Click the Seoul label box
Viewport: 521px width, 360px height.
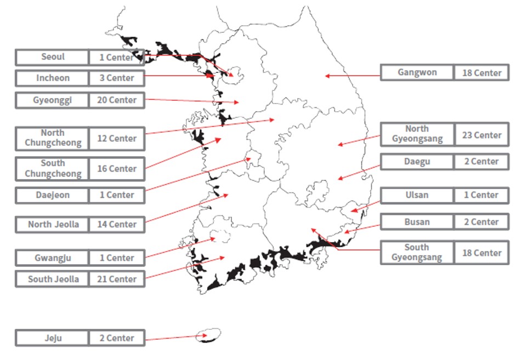tap(53, 57)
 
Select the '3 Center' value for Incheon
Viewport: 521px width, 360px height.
tap(116, 78)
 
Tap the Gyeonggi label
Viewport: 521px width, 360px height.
tap(53, 100)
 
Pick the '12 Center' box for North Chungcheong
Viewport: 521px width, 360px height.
tap(116, 138)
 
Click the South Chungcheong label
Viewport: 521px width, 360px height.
tap(53, 168)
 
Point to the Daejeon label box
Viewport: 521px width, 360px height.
tap(53, 195)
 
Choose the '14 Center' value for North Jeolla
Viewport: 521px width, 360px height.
tap(116, 224)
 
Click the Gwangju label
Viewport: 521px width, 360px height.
tap(53, 258)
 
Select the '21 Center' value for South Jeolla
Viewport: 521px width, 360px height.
tap(116, 279)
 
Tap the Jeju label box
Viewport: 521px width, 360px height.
tap(53, 338)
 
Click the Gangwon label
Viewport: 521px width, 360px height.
tap(417, 72)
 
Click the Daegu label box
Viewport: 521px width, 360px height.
tap(417, 162)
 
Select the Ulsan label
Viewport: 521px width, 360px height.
tap(417, 195)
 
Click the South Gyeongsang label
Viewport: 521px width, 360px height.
tap(417, 253)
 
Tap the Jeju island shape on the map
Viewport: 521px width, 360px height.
tap(209, 334)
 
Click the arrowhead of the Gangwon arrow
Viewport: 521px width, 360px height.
tap(326, 76)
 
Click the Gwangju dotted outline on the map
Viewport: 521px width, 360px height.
tap(220, 237)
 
